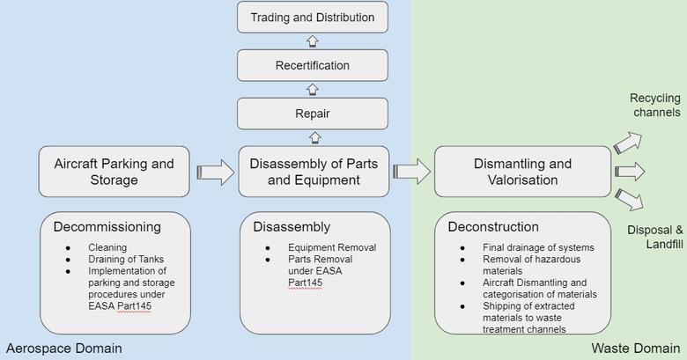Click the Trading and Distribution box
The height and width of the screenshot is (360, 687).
(313, 18)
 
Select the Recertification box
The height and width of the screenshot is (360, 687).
(313, 66)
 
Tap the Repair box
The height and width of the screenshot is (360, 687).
(313, 114)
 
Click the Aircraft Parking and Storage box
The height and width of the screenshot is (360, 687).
(114, 172)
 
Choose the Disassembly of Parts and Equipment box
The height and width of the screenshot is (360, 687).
(313, 172)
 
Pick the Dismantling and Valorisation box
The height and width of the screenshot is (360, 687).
(522, 172)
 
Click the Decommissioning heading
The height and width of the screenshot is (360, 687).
(107, 226)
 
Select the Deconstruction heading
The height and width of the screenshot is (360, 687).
(493, 226)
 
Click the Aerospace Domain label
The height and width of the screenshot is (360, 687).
(63, 349)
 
